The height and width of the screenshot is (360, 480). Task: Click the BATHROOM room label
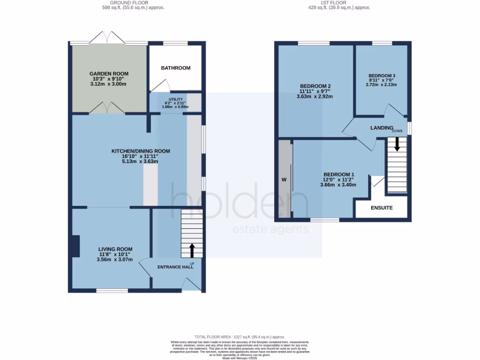tap(176, 68)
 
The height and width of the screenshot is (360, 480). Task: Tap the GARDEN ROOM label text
tap(109, 74)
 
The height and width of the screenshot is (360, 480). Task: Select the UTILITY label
tap(176, 99)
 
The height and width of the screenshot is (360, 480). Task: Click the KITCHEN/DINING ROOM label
tap(140, 151)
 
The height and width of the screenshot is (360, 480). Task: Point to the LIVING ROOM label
tap(115, 249)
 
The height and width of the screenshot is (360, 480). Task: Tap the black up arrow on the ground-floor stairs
tap(192, 250)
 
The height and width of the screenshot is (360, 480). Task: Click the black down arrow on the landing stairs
tap(397, 144)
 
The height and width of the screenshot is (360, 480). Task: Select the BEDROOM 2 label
tap(315, 86)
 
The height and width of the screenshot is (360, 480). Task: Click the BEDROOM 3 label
tap(382, 75)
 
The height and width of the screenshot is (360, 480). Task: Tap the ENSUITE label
tap(382, 208)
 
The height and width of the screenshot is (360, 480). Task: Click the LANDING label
tap(382, 128)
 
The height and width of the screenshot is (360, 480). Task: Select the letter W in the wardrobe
tap(284, 180)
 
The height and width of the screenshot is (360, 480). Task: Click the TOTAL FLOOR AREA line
tap(240, 337)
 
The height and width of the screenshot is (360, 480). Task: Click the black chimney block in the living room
tap(75, 246)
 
